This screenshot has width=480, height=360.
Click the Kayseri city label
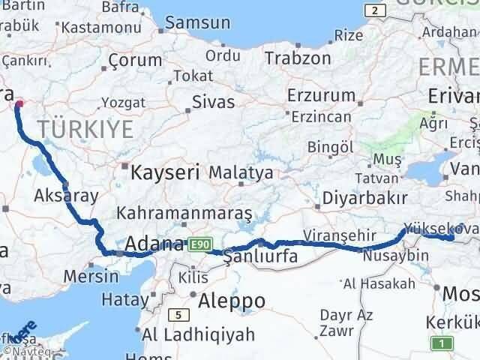point(165,173)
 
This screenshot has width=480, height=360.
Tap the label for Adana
point(154,244)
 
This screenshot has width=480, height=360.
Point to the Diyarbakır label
point(365,198)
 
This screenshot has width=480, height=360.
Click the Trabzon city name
point(298,58)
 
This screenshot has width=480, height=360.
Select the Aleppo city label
point(232,301)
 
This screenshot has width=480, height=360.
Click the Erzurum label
point(322,95)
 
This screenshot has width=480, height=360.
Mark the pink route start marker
point(19,105)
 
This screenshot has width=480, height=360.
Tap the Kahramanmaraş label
point(184,213)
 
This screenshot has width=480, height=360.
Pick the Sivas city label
point(213,102)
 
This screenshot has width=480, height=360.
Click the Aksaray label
point(66,196)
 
